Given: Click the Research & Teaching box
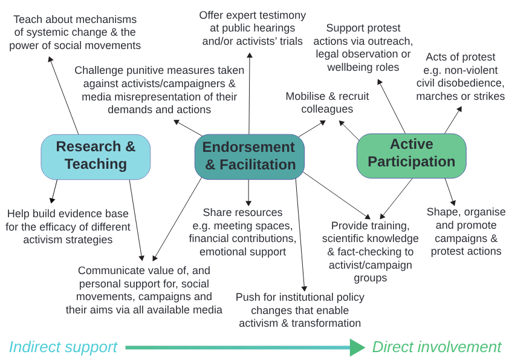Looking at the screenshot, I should click(x=96, y=155).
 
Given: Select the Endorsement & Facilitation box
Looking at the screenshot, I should click(x=249, y=156).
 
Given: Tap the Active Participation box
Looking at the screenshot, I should click(x=411, y=153).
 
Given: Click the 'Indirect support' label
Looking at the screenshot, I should click(x=63, y=347).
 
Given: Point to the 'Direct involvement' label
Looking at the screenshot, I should click(x=436, y=347).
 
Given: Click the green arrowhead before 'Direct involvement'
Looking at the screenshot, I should click(x=357, y=347).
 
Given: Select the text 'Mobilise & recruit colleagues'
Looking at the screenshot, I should click(x=327, y=103).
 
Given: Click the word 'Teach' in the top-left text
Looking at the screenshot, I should click(x=28, y=19).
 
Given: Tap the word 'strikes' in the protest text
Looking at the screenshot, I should click(x=486, y=96).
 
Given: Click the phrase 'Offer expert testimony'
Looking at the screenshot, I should click(x=252, y=15).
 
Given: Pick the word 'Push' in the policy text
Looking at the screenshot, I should click(x=248, y=297).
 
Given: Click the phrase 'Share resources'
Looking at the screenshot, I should click(x=242, y=212).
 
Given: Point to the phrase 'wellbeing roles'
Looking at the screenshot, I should click(x=363, y=67).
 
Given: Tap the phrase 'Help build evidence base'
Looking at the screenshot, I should click(x=68, y=214).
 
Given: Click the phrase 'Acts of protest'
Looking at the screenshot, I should click(x=460, y=57).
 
